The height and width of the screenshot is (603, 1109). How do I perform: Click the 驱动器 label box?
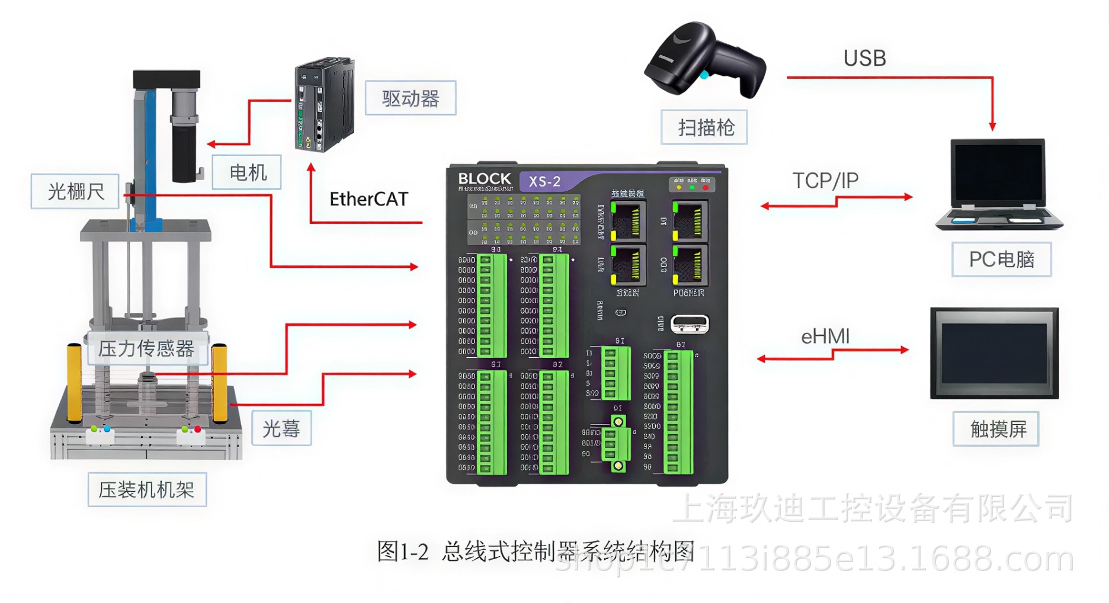coord(410,98)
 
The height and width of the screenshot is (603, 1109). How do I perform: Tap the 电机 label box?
coord(247,173)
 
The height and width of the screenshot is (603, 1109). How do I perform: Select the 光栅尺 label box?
coord(75,191)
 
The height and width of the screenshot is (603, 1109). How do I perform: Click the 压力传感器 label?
coord(146,348)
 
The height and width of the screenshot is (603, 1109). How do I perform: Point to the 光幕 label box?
coord(281,428)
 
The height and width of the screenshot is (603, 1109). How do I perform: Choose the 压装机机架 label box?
coord(147,490)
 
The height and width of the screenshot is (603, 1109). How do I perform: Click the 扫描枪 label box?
coord(704,127)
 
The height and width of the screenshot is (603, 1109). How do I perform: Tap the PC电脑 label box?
coord(1001,259)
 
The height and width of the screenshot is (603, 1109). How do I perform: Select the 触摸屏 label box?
coord(996,429)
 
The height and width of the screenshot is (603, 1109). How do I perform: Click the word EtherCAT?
coord(368,199)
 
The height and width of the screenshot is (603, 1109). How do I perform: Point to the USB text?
coord(864,58)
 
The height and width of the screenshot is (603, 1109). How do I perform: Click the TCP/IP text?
coord(825,181)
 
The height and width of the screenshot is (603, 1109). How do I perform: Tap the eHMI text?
coord(825,336)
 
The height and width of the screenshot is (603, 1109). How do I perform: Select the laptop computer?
coord(999,184)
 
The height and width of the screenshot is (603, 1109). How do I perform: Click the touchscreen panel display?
coord(994,353)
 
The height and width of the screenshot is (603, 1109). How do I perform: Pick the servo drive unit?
coord(324,104)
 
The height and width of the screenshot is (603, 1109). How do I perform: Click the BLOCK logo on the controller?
coord(484,179)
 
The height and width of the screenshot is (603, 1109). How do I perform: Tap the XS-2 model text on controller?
coord(544,181)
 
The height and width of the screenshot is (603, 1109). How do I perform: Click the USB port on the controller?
coord(690,324)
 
